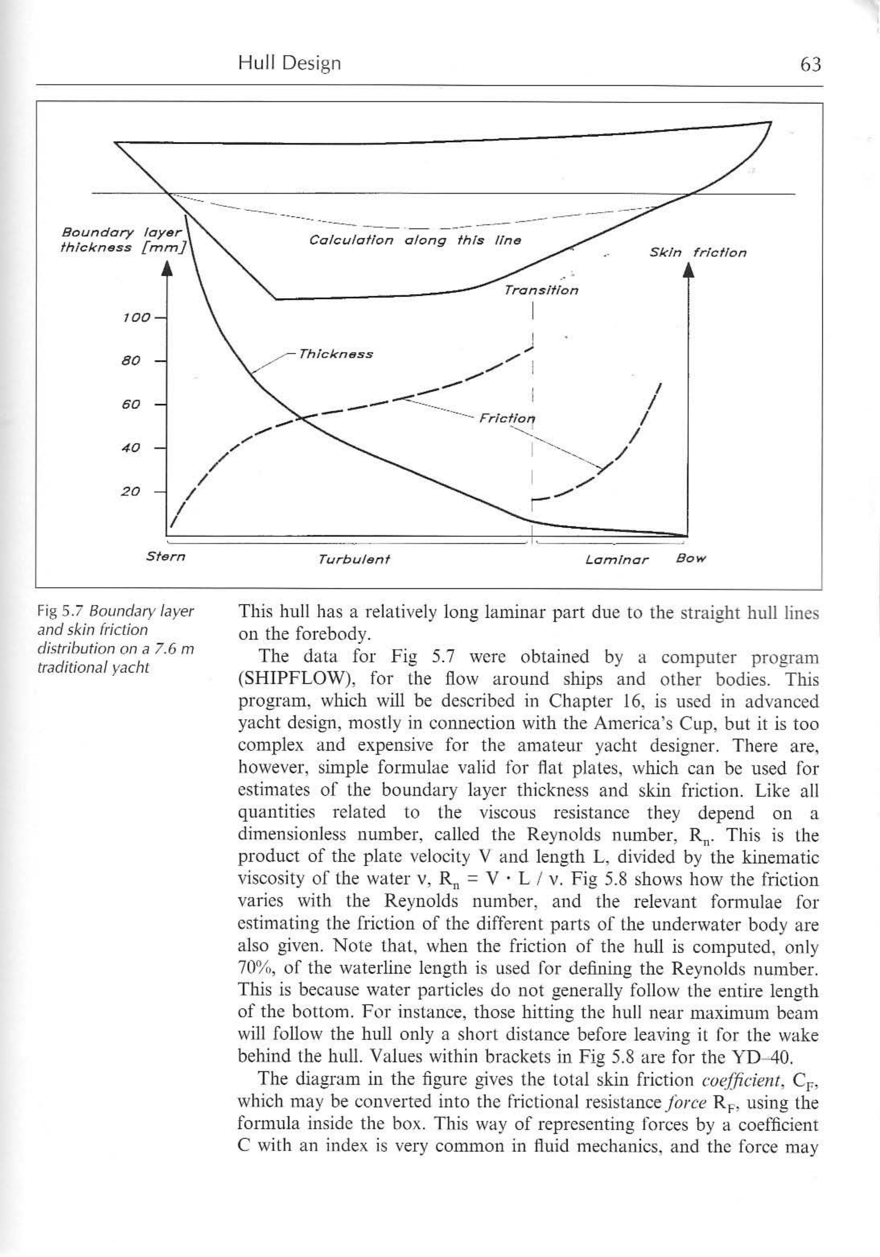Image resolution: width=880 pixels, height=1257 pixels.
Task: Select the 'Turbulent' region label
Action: pyautogui.click(x=354, y=559)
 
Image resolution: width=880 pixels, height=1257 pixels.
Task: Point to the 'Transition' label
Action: pyautogui.click(x=541, y=290)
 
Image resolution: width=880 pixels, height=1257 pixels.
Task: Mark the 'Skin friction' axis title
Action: pyautogui.click(x=698, y=253)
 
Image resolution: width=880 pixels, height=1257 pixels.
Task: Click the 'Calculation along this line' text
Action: pyautogui.click(x=415, y=240)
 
